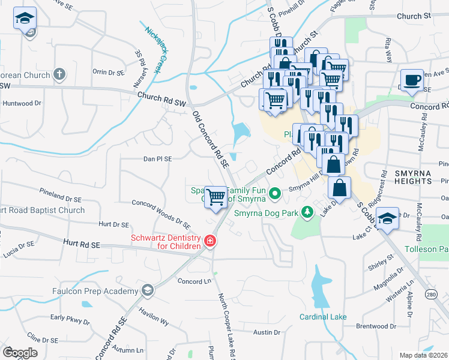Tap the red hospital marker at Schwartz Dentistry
(211, 242)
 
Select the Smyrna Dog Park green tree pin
(307, 212)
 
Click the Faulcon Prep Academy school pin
(147, 291)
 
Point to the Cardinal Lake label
(324, 316)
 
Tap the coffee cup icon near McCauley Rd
(412, 81)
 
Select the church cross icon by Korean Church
(59, 74)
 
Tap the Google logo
(20, 352)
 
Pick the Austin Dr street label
(267, 332)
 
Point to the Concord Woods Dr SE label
(160, 214)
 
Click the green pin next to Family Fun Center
(275, 193)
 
